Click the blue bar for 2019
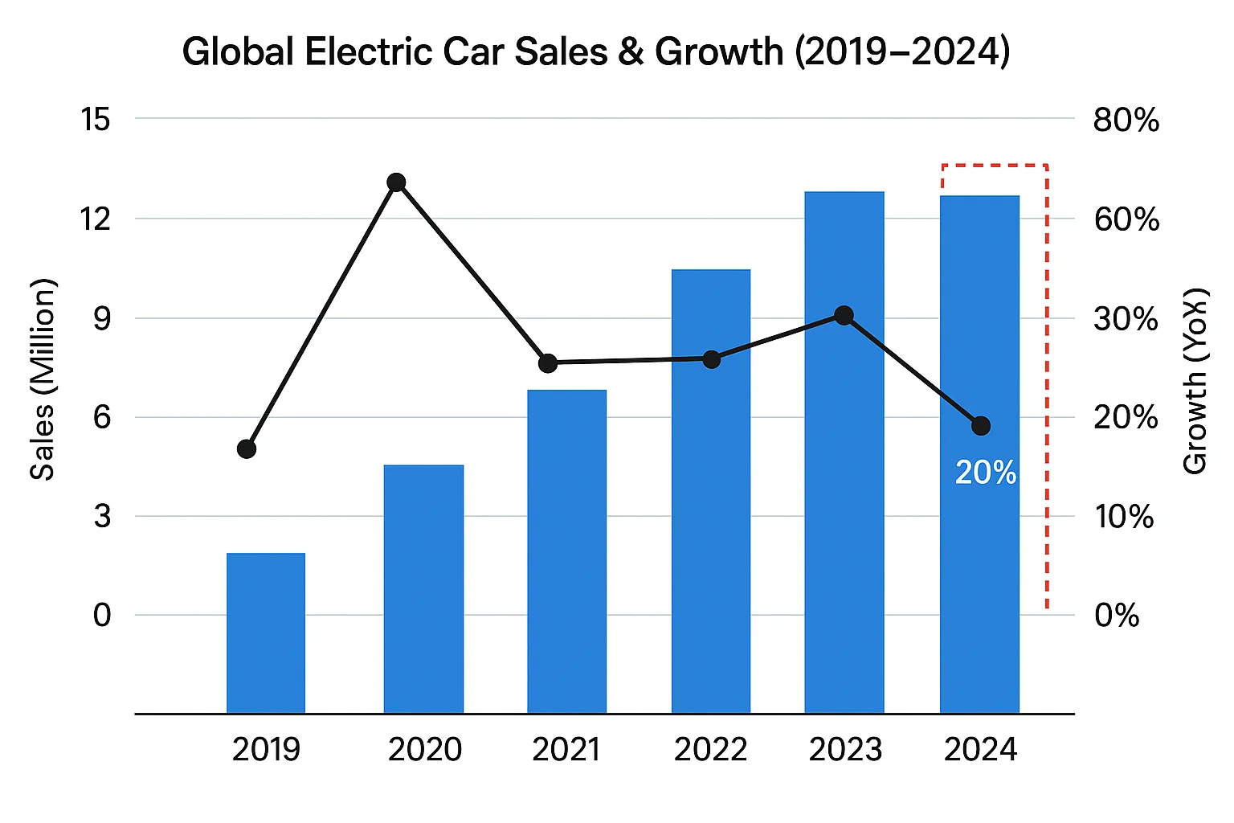pos(266,633)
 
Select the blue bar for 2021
pos(567,551)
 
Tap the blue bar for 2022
pos(711,491)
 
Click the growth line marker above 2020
pos(396,182)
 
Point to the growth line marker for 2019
pos(247,448)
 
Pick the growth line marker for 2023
pos(844,315)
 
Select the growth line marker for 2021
pos(548,363)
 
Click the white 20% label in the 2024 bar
pos(986,473)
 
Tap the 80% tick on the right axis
pos(1126,121)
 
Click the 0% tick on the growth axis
pos(1117,616)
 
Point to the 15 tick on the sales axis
pos(96,120)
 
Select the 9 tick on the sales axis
pos(102,318)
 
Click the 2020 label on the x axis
pos(425,750)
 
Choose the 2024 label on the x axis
pos(980,750)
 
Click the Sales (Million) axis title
pos(43,379)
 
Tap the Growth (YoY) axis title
pos(1195,380)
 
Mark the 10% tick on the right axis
pos(1124,517)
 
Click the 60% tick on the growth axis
pos(1126,219)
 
